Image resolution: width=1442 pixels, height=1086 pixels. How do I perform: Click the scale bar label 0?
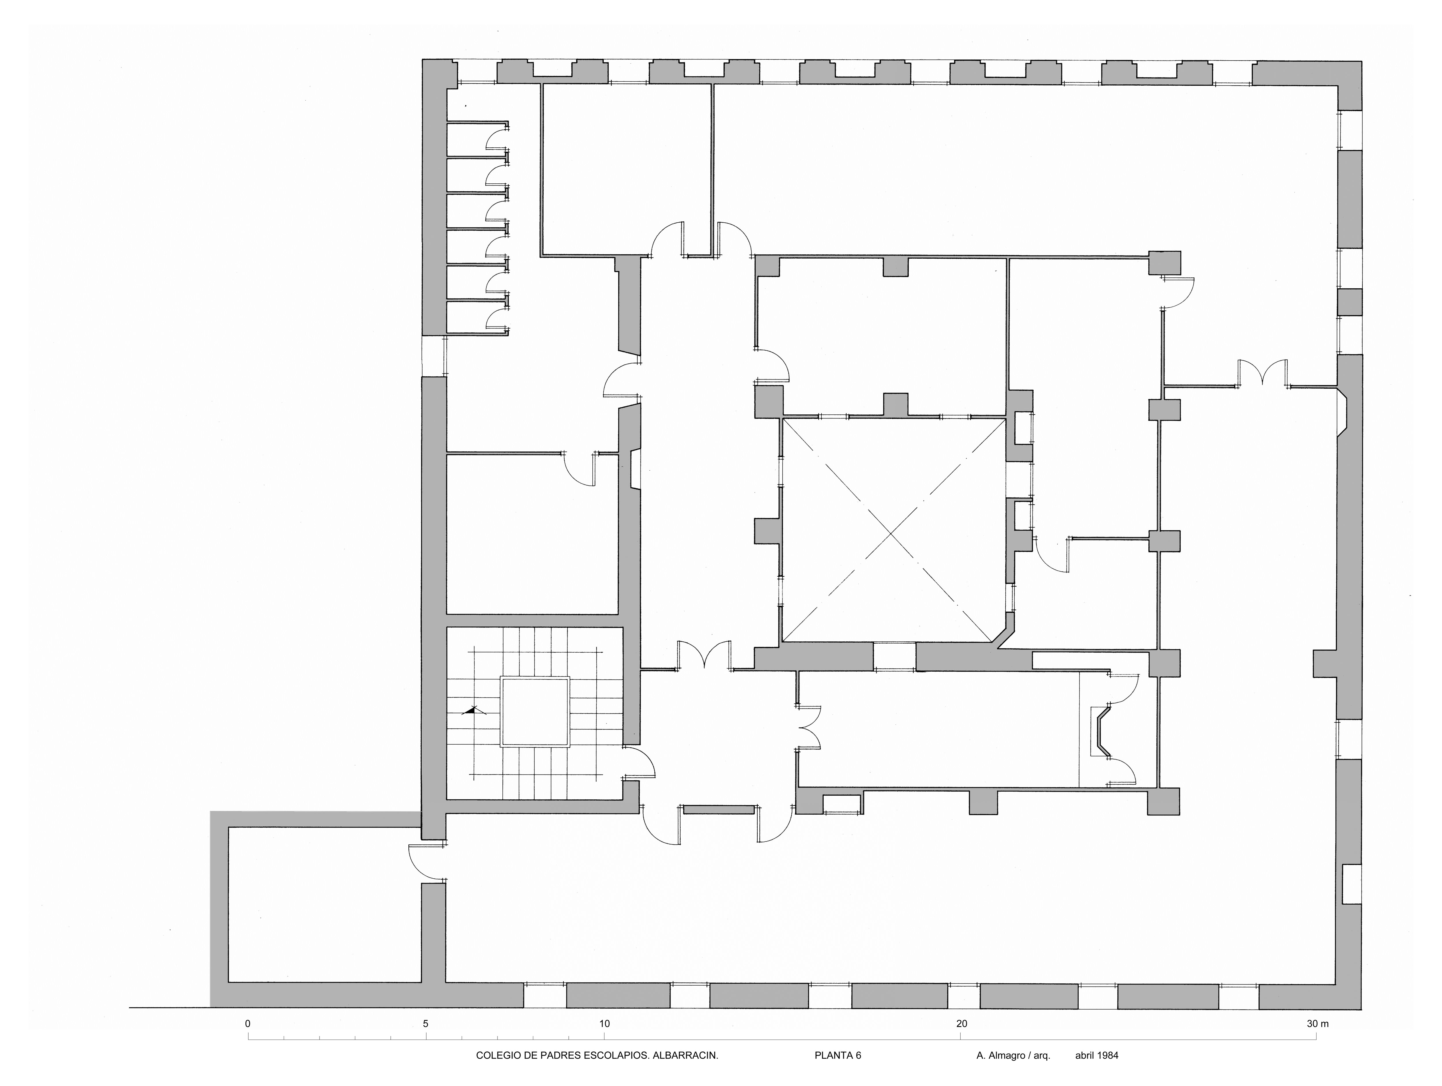coord(248,1023)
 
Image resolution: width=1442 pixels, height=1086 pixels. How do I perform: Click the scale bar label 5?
coord(426,1023)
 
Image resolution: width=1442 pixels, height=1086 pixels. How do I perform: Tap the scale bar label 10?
coord(604,1023)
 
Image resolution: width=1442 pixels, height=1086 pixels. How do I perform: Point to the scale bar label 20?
coord(962,1023)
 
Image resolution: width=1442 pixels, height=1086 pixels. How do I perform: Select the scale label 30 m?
coord(1317,1023)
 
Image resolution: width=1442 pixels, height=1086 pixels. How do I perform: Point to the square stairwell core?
coord(535,712)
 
